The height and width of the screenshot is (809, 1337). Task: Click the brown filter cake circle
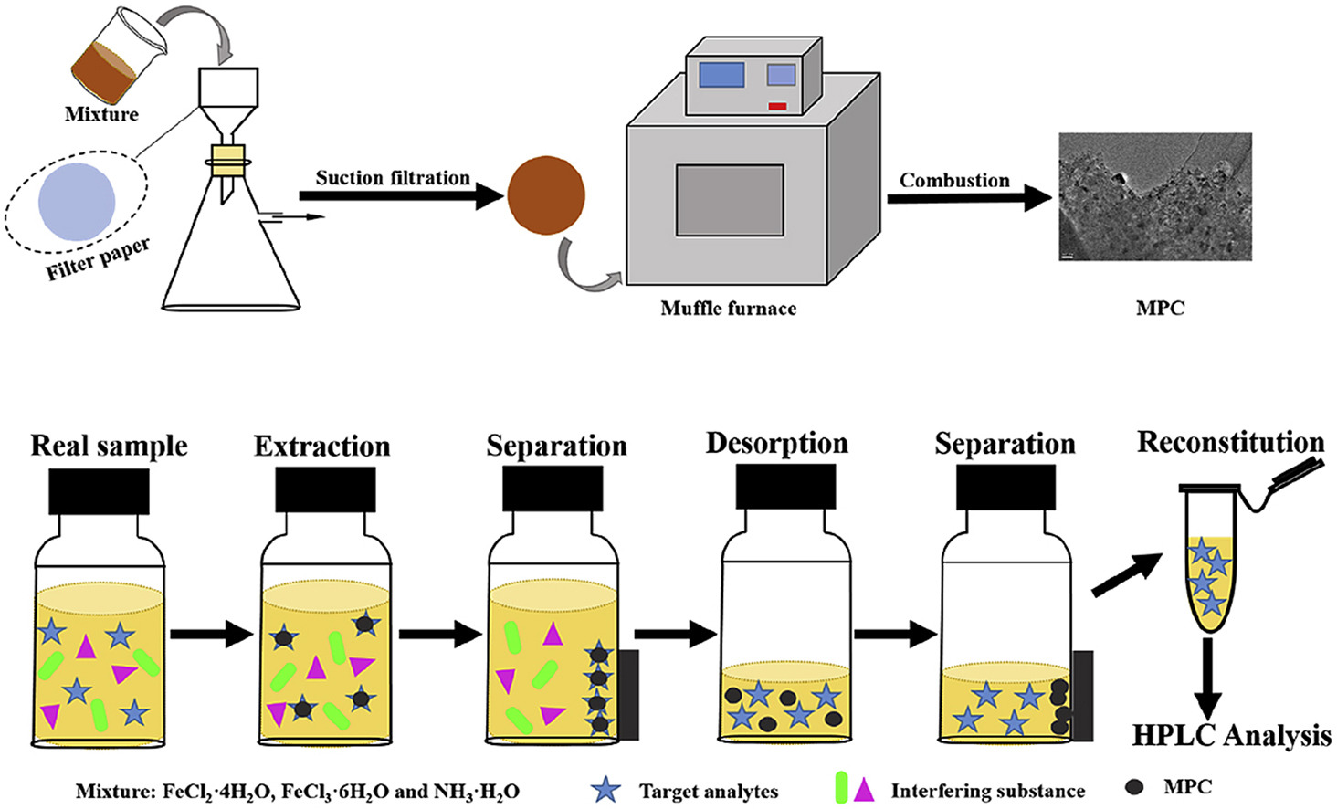(x=546, y=195)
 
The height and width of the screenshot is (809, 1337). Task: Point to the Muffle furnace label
(x=728, y=309)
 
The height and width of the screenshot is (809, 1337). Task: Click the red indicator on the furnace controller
(x=777, y=107)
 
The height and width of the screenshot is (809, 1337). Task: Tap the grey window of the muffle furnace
(x=730, y=200)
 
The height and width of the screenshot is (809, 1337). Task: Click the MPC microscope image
(x=1154, y=196)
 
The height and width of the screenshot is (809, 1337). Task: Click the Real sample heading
(x=110, y=446)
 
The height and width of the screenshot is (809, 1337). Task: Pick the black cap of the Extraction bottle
(x=325, y=490)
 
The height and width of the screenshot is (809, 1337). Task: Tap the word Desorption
(x=777, y=443)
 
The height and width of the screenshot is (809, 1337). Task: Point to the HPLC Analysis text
(x=1232, y=735)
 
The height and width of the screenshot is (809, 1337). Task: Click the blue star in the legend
(x=605, y=789)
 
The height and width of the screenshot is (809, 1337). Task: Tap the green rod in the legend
(x=841, y=787)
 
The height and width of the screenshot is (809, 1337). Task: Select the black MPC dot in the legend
(x=1135, y=787)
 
